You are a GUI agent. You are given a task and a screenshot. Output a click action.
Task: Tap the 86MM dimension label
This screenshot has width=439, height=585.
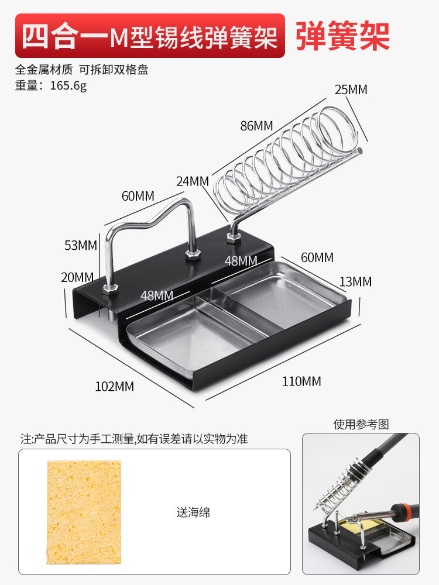[x=256, y=125]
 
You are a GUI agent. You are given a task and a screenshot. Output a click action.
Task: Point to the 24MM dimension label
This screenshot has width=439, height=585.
[x=193, y=181]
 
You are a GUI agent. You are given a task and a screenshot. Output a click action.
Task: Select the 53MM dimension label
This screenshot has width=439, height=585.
[x=80, y=245]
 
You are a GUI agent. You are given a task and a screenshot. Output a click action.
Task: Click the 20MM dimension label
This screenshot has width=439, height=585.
[x=77, y=277]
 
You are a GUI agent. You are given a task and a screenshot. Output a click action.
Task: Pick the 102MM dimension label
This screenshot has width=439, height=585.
[x=114, y=386]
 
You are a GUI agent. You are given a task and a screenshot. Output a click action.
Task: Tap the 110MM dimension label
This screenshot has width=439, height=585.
[x=301, y=381]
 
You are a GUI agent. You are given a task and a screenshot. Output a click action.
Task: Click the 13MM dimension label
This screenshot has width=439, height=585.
[x=355, y=281]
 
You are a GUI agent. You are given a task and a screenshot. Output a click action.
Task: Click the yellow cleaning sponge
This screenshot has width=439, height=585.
[x=84, y=512]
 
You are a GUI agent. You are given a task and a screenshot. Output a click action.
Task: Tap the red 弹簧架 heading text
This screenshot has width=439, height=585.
[x=342, y=36]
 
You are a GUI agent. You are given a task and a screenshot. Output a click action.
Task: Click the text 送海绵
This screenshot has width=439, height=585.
[x=193, y=513]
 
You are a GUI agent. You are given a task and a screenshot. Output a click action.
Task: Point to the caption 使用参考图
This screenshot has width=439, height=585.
[x=361, y=424]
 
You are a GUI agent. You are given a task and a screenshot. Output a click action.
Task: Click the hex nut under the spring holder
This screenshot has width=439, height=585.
[x=234, y=236]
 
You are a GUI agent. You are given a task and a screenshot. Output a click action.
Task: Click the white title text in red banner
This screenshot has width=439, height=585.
[x=149, y=36]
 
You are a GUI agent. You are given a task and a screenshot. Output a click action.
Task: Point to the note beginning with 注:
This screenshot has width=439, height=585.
[x=134, y=439]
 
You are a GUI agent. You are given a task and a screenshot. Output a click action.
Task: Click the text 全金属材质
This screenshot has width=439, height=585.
[x=44, y=69]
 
